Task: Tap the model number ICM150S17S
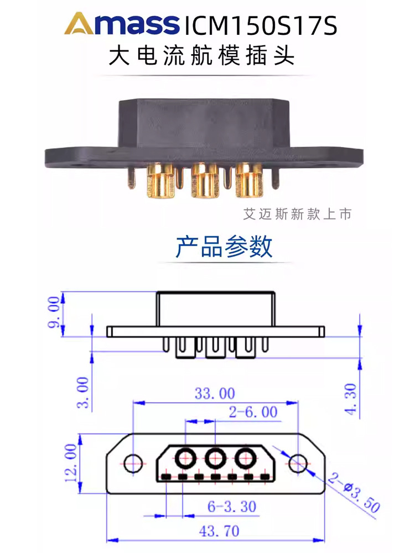click(x=261, y=25)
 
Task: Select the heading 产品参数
click(x=224, y=246)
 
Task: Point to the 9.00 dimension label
click(x=54, y=312)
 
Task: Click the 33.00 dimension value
click(x=215, y=394)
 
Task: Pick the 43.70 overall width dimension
click(x=219, y=531)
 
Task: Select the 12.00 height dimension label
click(x=71, y=463)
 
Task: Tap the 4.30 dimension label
click(x=350, y=399)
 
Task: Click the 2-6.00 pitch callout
click(x=253, y=412)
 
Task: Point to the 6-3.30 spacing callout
click(x=231, y=507)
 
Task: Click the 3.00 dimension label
click(x=83, y=393)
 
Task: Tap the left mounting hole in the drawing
click(x=133, y=463)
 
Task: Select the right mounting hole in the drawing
click(x=298, y=463)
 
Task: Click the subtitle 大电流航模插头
click(x=201, y=56)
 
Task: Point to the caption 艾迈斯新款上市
click(x=297, y=213)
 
